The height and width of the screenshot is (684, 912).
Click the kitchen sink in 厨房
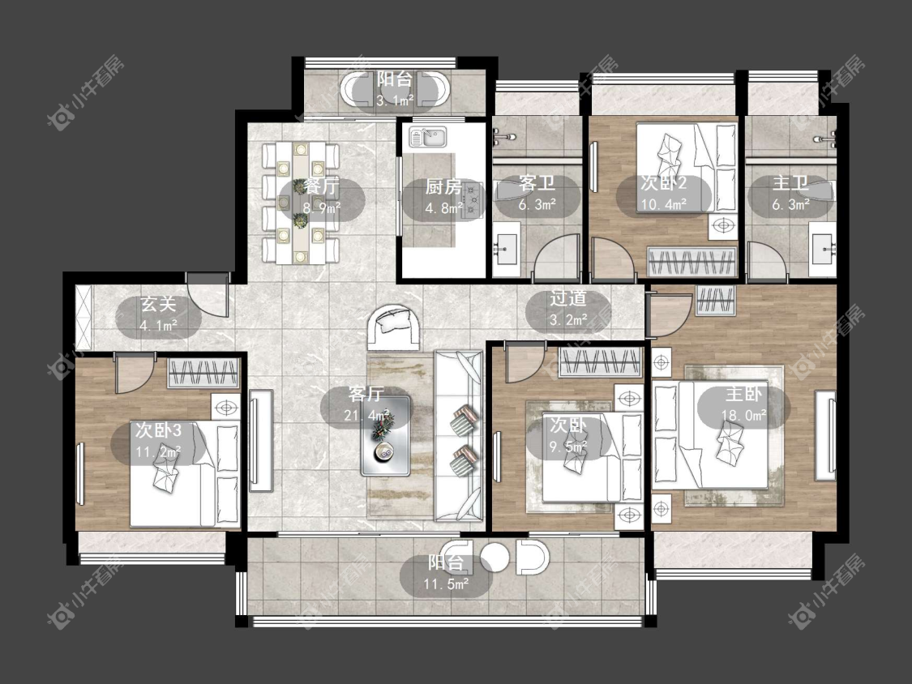[427, 137]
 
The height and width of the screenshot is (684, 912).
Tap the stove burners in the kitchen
[473, 200]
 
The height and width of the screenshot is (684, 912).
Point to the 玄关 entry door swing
[208, 295]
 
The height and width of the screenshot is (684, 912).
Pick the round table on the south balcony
[495, 557]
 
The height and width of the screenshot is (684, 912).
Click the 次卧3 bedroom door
[134, 373]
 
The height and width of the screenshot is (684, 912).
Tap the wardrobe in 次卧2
[692, 262]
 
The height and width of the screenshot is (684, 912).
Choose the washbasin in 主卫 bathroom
[824, 249]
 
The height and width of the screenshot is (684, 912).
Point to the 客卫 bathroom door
[557, 256]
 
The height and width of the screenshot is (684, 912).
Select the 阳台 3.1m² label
[395, 89]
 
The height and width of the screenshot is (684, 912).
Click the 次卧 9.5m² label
[568, 436]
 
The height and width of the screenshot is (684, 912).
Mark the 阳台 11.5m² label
[446, 574]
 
